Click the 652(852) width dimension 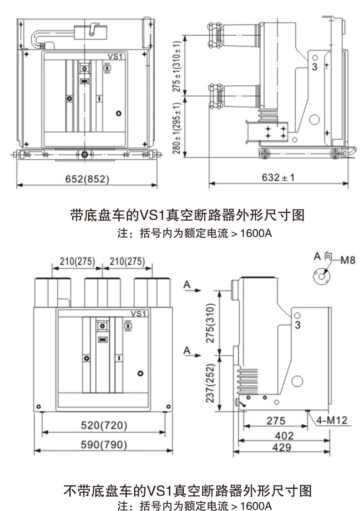click(86, 179)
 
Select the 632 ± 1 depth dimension click(278, 177)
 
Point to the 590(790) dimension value click(104, 445)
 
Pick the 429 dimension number click(282, 447)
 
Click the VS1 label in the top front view click(116, 56)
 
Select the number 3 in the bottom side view click(298, 325)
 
